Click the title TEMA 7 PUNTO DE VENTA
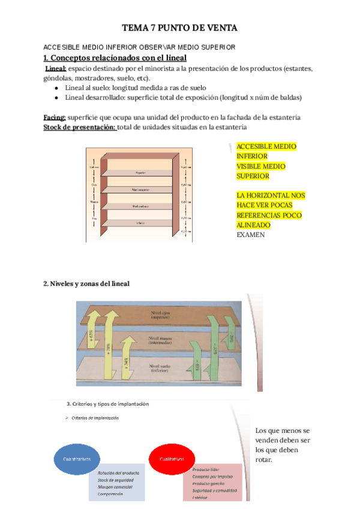click(179, 28)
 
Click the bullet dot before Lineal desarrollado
click(56, 97)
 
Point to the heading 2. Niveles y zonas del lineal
click(86, 283)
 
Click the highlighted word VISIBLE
click(252, 166)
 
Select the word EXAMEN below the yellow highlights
click(251, 235)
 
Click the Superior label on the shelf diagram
click(141, 172)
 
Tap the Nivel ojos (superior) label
click(160, 315)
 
